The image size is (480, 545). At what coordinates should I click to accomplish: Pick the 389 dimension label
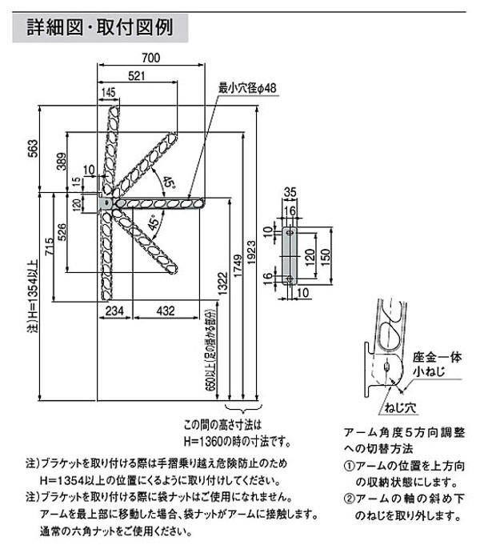click(62, 163)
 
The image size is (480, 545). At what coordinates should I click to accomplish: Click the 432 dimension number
click(166, 311)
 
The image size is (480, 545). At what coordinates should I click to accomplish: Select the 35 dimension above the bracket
click(290, 192)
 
